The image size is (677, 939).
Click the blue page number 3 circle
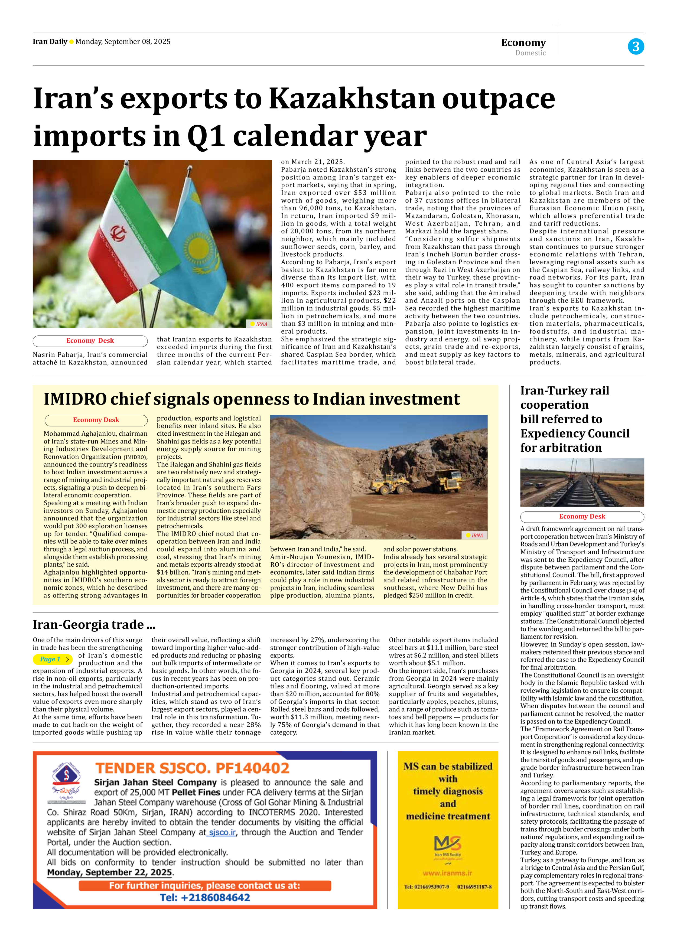(x=636, y=46)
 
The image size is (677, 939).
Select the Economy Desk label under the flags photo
(x=90, y=341)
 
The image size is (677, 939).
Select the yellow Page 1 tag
(x=52, y=659)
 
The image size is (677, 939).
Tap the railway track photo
(x=582, y=482)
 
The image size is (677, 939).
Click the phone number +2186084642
(x=205, y=898)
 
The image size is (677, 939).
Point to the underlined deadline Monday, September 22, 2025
(x=109, y=872)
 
